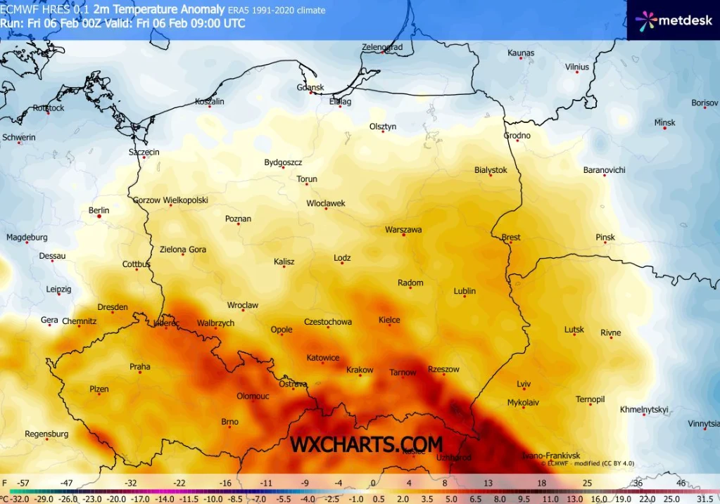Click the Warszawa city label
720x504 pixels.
[403, 230]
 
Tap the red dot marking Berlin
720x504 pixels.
[99, 217]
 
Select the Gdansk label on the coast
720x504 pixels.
[310, 87]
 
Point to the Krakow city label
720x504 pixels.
[360, 370]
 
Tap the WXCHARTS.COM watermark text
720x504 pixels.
[367, 444]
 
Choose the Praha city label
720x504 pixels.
[140, 366]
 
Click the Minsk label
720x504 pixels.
[664, 122]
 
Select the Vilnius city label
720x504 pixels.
[576, 67]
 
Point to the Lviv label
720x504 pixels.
[523, 384]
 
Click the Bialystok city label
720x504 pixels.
[491, 170]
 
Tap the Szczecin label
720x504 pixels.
[144, 152]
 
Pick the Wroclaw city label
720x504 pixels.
[243, 305]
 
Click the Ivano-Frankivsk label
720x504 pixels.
[550, 455]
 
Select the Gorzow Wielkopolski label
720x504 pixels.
[170, 200]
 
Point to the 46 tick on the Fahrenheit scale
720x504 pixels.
[681, 484]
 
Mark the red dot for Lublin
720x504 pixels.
[465, 297]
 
